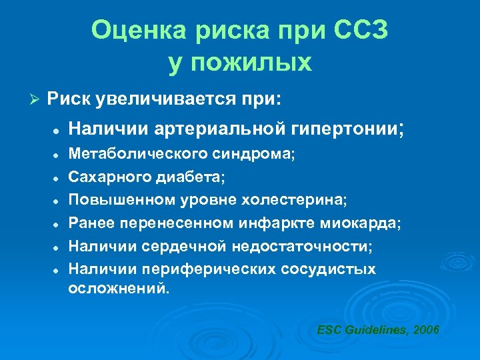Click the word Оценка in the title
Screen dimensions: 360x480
pos(133,31)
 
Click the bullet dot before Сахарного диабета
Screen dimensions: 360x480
pos(59,177)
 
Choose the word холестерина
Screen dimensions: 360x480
pos(297,200)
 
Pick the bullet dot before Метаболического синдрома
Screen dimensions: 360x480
pos(59,154)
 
